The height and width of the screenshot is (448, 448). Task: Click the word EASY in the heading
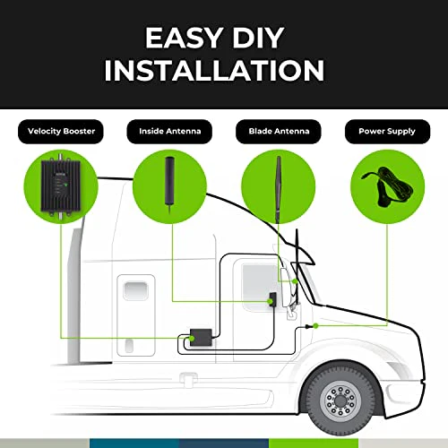click(x=183, y=38)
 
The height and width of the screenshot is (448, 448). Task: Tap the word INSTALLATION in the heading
click(x=214, y=70)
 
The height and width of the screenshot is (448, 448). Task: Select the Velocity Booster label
click(x=61, y=132)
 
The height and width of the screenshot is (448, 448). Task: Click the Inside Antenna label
click(x=169, y=132)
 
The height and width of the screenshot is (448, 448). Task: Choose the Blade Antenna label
click(x=279, y=132)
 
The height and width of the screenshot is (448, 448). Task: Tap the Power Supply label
click(x=387, y=132)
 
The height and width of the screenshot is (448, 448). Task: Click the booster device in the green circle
click(x=61, y=186)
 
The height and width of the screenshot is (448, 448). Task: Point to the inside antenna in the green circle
click(x=169, y=185)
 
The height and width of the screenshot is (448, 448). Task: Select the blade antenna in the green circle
click(x=279, y=189)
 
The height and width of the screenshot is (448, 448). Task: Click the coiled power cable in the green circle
click(x=387, y=186)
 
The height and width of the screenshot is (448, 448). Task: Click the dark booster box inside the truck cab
click(x=202, y=338)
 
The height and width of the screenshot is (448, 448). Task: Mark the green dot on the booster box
click(x=192, y=339)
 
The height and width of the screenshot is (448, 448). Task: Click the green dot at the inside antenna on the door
click(x=270, y=302)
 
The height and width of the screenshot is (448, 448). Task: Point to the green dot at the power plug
click(x=315, y=326)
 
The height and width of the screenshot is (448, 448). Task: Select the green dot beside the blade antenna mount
click(x=295, y=281)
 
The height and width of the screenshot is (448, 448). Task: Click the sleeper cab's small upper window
click(x=136, y=290)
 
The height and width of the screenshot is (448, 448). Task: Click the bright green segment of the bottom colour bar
click(x=314, y=444)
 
